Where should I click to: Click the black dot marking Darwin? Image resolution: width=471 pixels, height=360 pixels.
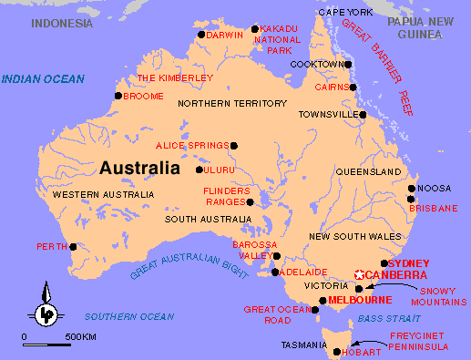pos(201,35)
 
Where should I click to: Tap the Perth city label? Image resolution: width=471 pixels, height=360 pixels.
pos(52,247)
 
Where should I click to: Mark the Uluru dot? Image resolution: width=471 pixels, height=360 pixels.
pos(200,170)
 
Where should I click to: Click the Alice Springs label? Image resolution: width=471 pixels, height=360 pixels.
pos(192,146)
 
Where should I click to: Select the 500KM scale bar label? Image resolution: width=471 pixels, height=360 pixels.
pos(80,338)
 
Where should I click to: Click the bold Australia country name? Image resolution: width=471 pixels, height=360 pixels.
pos(139,169)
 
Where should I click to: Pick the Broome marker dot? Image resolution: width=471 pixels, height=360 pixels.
pos(118,95)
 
